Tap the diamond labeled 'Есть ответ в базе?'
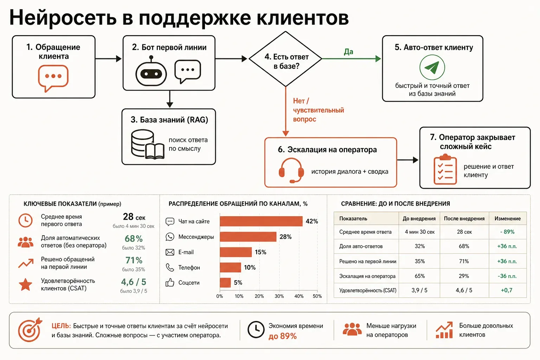point(285,59)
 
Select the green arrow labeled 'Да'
point(352,59)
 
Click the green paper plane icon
point(432,67)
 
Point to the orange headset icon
point(291,170)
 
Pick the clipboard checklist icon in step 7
point(445,169)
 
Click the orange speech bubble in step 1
point(53,78)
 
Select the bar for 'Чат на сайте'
point(261,221)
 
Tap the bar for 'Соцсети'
point(225,283)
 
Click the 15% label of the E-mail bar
point(261,252)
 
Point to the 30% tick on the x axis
point(279,296)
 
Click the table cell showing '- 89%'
point(507,232)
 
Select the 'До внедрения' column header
point(419,218)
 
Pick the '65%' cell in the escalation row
point(419,276)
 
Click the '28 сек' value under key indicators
point(134,217)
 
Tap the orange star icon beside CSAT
point(26,284)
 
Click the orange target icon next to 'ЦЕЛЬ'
point(30,330)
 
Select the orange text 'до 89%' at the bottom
point(283,336)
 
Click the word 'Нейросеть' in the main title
point(63,18)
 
